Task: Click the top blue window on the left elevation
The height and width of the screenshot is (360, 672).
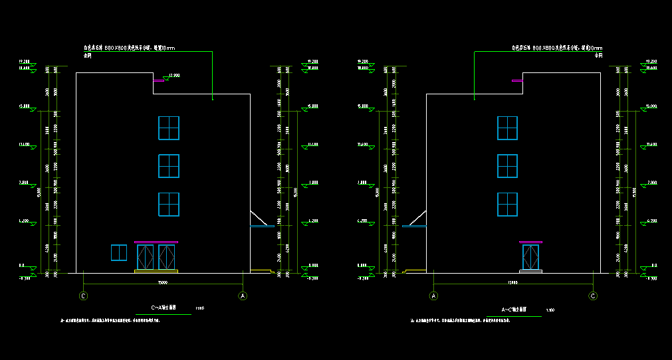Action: coord(169,128)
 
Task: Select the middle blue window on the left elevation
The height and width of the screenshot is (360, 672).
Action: coord(169,166)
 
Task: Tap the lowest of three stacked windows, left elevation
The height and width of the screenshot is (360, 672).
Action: coord(169,205)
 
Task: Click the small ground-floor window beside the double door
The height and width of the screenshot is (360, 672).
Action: coord(119,252)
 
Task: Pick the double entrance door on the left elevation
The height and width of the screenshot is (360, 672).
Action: coord(156,257)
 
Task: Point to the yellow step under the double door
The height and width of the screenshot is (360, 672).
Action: coord(156,271)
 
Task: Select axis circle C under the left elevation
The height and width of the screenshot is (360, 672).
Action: coord(84,296)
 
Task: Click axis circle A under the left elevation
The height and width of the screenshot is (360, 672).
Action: coord(243,296)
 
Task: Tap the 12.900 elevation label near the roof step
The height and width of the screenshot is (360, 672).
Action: coord(175,75)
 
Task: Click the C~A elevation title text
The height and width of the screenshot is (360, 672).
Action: coord(164,308)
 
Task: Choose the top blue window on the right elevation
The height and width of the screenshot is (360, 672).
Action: coord(508,128)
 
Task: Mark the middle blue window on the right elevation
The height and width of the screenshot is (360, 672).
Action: coord(508,166)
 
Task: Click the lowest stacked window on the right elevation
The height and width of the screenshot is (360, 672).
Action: coord(508,205)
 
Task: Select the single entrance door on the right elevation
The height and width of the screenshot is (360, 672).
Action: coord(530,257)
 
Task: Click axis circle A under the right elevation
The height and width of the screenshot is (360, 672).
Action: coord(434,296)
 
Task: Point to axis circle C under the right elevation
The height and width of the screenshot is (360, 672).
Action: coord(594,296)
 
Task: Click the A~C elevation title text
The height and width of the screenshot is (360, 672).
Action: coord(514,310)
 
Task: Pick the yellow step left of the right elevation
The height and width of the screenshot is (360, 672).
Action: coord(416,270)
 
